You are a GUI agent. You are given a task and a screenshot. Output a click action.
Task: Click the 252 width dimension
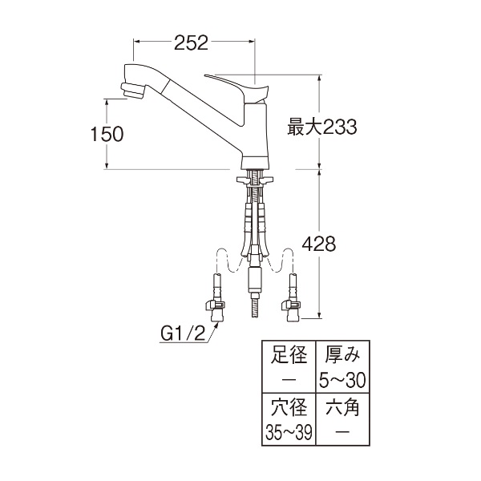(x=191, y=42)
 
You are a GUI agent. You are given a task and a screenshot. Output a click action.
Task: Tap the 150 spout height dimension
(x=107, y=134)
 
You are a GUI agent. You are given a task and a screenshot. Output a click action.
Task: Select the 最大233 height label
(x=322, y=127)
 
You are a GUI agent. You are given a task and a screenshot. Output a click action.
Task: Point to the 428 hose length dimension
(x=319, y=245)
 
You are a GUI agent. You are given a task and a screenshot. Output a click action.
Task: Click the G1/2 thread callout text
(x=183, y=334)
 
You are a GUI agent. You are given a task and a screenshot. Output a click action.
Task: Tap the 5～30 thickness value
(x=342, y=380)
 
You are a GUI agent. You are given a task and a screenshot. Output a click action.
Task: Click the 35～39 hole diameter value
(x=289, y=432)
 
